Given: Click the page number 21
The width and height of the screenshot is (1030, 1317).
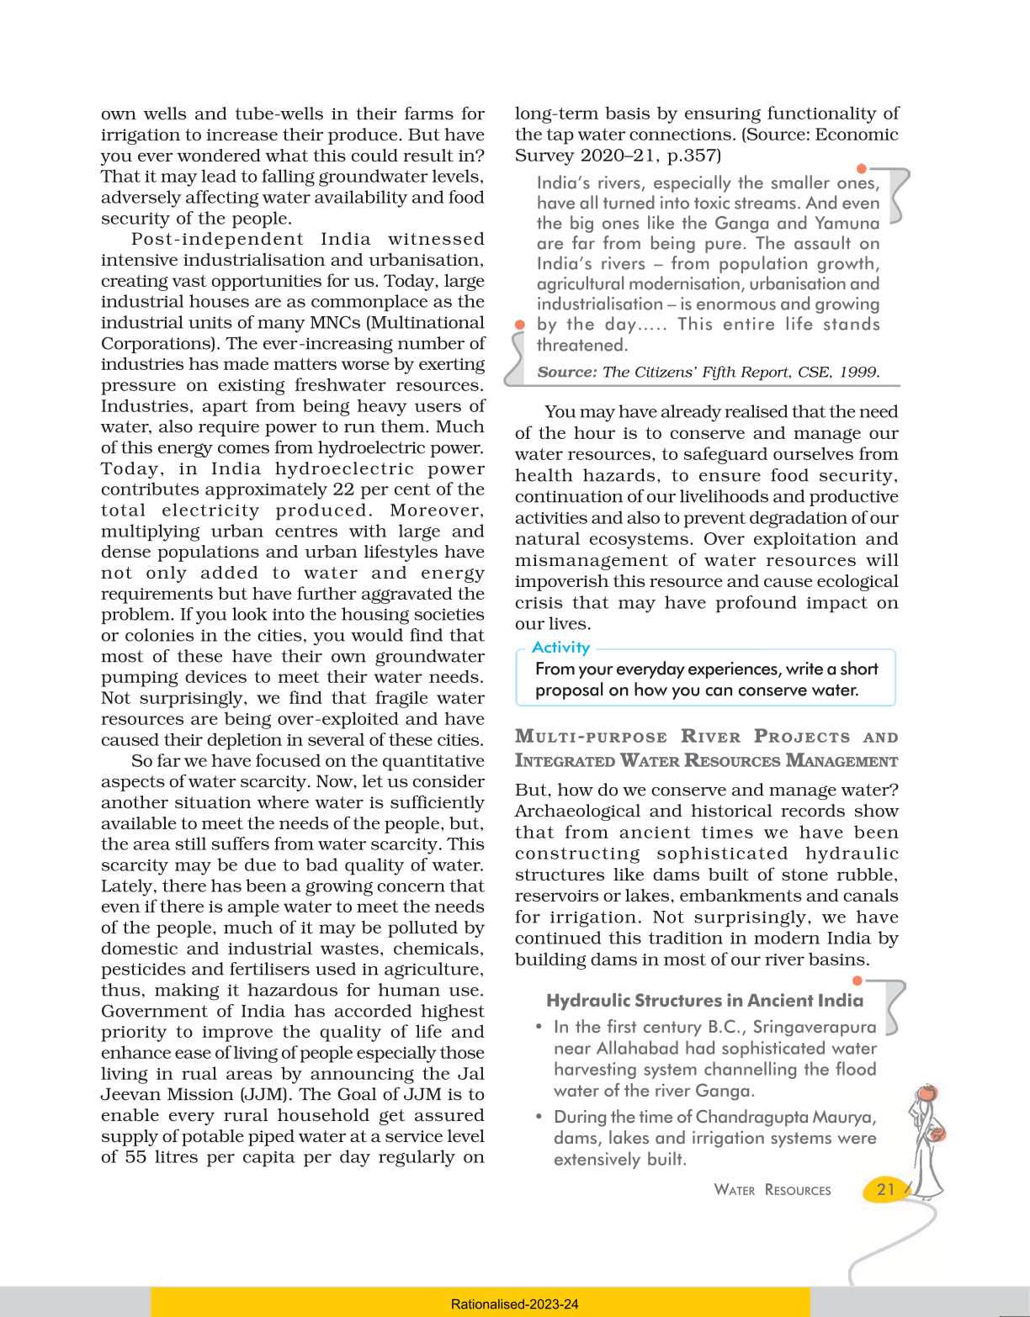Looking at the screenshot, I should tap(885, 1188).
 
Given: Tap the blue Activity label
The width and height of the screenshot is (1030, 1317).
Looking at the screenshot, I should tap(560, 647).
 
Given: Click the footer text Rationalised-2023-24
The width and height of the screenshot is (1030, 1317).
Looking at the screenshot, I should tap(514, 1304).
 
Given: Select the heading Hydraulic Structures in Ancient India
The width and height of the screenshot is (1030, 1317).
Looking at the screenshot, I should tap(704, 1000).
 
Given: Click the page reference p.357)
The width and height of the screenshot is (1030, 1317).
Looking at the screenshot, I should tap(690, 156).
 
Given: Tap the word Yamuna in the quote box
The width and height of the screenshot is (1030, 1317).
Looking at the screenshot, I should tap(847, 223).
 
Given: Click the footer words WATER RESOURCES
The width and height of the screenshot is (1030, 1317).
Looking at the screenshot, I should tap(772, 1190).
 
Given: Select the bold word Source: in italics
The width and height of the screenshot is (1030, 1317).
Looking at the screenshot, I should tap(566, 372).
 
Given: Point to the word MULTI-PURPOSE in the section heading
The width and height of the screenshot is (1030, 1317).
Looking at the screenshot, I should tap(591, 737).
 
